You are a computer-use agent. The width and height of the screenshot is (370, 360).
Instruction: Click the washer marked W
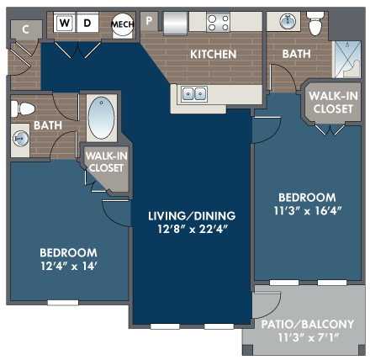[x=65, y=23]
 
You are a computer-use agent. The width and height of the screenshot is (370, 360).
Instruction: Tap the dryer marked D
[x=87, y=23]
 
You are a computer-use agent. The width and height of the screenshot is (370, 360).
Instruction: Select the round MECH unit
[x=122, y=24]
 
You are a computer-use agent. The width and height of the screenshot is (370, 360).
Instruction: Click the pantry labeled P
[x=149, y=21]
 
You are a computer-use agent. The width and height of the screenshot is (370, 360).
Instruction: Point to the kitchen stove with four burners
[x=218, y=23]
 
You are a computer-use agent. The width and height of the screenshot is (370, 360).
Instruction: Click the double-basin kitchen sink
[x=194, y=93]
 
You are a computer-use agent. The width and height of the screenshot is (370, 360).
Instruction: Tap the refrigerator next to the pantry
[x=176, y=24]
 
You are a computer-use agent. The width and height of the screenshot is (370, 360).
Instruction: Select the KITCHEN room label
[x=214, y=54]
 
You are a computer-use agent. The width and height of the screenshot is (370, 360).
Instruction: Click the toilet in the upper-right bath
[x=315, y=24]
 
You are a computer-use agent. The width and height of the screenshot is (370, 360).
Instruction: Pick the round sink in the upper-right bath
[x=288, y=21]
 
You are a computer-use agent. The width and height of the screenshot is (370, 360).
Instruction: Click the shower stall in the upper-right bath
[x=346, y=60]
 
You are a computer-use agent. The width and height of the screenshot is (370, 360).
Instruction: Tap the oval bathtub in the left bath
[x=101, y=118]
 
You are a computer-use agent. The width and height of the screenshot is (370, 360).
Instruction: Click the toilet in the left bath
[x=23, y=109]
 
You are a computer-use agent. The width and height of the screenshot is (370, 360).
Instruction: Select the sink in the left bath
[x=21, y=139]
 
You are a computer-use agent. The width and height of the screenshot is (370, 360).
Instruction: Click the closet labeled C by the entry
[x=26, y=29]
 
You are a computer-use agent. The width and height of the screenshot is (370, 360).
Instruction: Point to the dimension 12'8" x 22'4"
[x=192, y=230]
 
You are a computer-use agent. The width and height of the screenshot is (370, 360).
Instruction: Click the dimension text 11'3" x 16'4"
[x=308, y=210]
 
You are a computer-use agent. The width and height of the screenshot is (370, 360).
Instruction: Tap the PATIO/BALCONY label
[x=308, y=324]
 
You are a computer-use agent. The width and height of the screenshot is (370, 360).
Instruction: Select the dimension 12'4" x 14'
[x=68, y=266]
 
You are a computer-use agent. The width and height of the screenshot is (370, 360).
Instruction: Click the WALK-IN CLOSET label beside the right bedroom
[x=333, y=103]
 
